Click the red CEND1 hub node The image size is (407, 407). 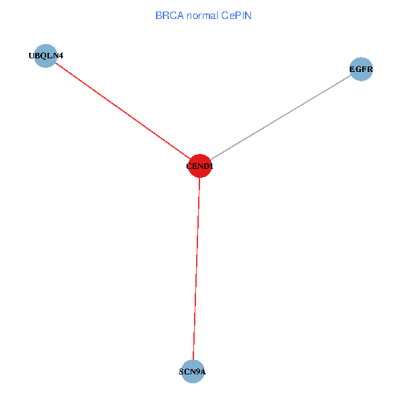click(x=200, y=165)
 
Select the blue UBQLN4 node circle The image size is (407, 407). click(x=45, y=56)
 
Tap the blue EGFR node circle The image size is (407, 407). click(x=362, y=69)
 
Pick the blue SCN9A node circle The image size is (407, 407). click(x=193, y=371)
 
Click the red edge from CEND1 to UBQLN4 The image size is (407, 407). click(x=122, y=110)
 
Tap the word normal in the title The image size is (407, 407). click(x=203, y=15)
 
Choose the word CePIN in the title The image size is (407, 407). click(x=237, y=15)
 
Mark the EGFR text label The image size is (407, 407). click(x=362, y=69)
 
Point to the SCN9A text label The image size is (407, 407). click(x=193, y=372)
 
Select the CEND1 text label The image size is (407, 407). click(x=200, y=166)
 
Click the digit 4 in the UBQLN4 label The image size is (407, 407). click(x=61, y=56)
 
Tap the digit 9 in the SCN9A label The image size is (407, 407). click(x=197, y=372)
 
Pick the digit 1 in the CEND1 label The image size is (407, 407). click(x=212, y=166)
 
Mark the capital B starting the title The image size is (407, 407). click(x=159, y=15)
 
